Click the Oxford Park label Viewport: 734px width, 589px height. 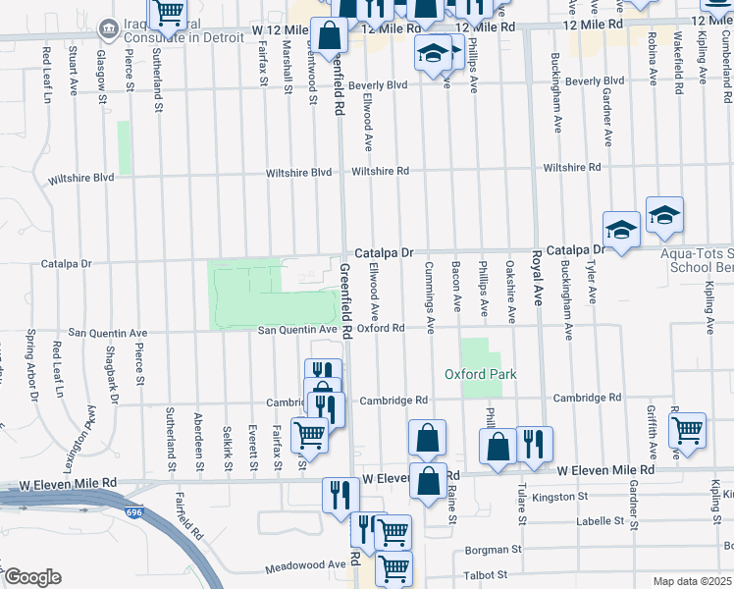click(480, 374)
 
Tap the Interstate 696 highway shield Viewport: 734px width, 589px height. click(133, 511)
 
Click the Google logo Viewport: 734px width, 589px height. click(31, 577)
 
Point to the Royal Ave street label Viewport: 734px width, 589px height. click(537, 278)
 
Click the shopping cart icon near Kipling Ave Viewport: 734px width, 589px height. click(687, 428)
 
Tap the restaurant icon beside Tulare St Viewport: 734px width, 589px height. click(535, 442)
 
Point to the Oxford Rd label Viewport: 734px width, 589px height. click(381, 328)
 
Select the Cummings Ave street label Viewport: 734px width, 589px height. click(429, 296)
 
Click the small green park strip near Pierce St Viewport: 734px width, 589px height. click(124, 148)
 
